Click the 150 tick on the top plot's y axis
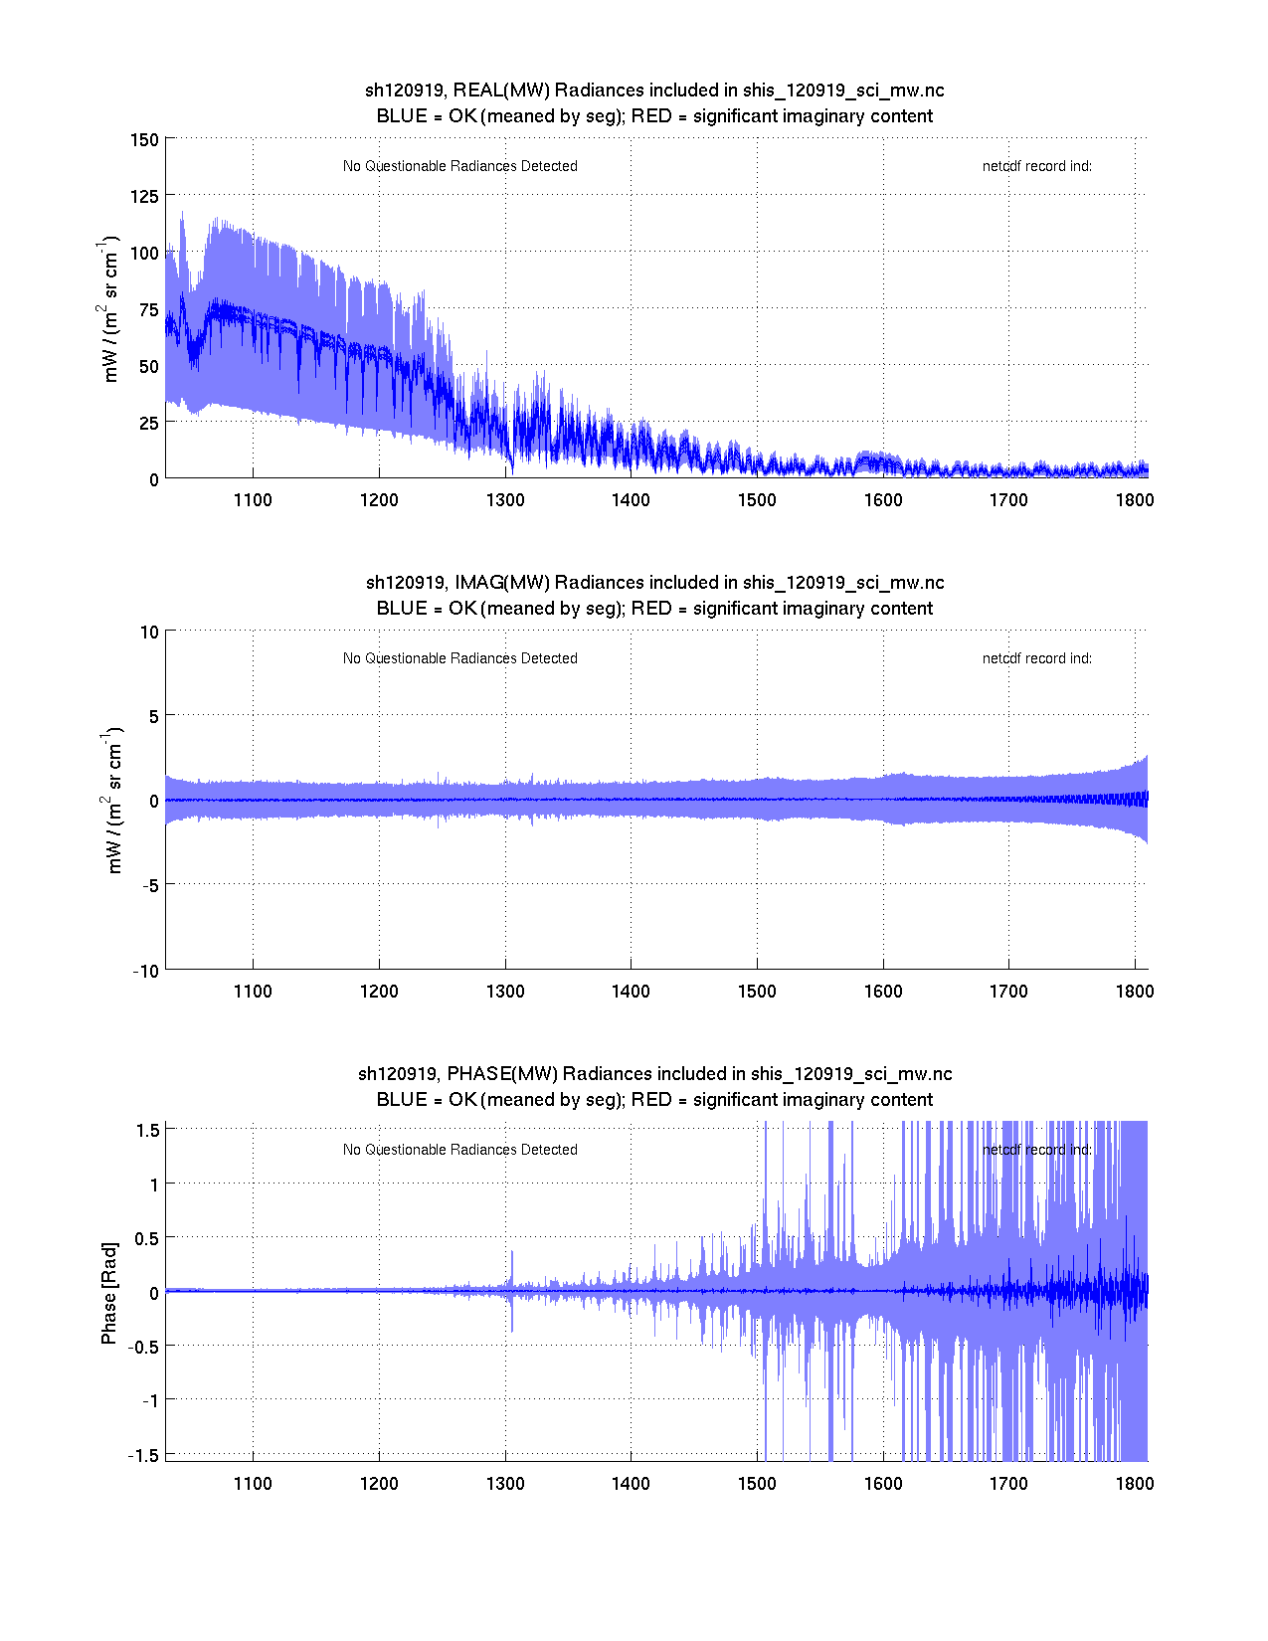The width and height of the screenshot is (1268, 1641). point(144,140)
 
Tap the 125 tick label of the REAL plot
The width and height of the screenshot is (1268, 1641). point(144,197)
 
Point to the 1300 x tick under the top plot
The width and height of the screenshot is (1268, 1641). point(505,500)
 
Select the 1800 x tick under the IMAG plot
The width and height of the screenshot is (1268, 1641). point(1135,992)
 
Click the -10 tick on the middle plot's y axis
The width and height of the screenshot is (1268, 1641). point(146,972)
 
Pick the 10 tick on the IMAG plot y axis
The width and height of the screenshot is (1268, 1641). point(150,633)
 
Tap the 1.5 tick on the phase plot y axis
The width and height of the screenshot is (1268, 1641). point(148,1130)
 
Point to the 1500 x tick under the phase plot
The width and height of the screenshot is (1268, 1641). point(757,1484)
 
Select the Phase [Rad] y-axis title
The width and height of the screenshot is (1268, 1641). point(109,1292)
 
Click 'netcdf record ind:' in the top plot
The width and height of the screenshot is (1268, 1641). point(1036,167)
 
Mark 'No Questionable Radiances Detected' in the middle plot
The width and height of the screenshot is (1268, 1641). point(459,658)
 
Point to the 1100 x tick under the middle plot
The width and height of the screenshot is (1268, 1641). point(253,992)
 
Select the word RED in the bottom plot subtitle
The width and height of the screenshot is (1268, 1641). point(651,1100)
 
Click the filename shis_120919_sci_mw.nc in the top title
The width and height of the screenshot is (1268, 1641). point(843,91)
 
